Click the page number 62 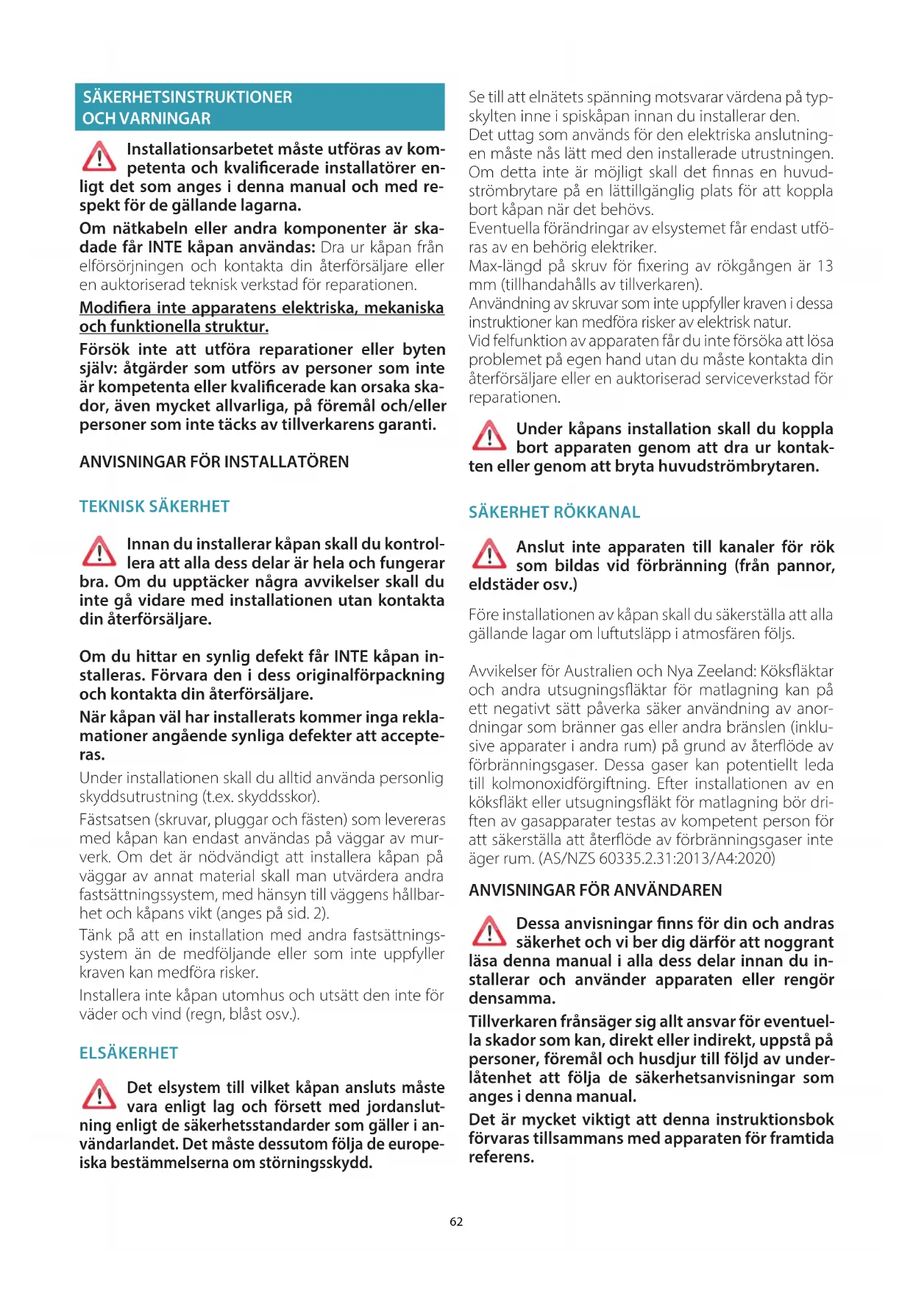[x=456, y=1222]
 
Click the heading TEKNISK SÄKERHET [x=154, y=506]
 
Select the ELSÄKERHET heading [x=129, y=1053]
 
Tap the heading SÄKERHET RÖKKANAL [x=554, y=512]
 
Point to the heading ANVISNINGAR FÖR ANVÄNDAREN [x=595, y=891]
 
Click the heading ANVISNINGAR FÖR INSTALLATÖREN [x=214, y=462]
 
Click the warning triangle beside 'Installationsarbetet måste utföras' [x=99, y=157]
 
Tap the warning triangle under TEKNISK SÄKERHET [x=99, y=551]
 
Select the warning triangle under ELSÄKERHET [x=99, y=1094]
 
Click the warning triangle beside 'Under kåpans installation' [x=489, y=436]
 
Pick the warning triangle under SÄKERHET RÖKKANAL [x=489, y=554]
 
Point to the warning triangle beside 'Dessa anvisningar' [x=489, y=931]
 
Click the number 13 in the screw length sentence [x=825, y=266]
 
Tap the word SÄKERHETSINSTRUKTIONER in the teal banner [x=188, y=97]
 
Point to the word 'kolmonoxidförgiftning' [x=571, y=784]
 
